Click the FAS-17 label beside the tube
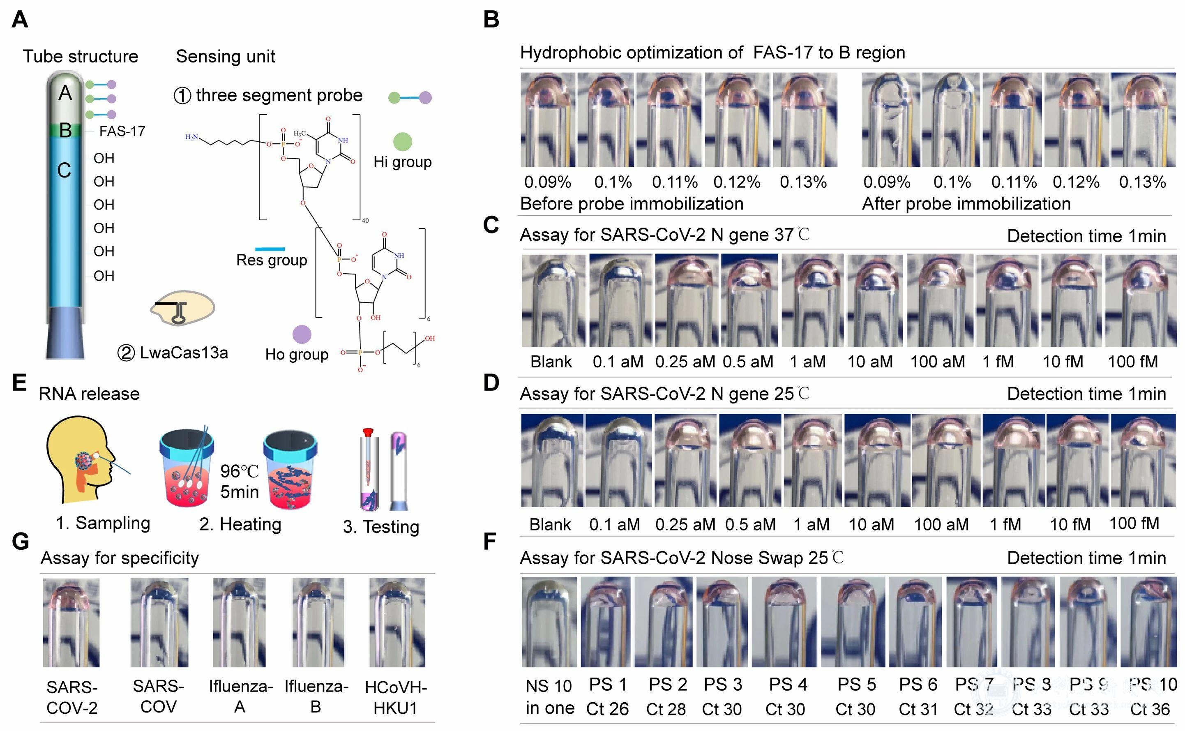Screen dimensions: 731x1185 (x=122, y=131)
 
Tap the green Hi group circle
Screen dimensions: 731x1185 (x=402, y=142)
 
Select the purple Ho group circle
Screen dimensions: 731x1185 (x=302, y=334)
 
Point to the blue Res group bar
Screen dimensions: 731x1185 (x=269, y=249)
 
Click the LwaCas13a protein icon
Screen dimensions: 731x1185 (x=182, y=308)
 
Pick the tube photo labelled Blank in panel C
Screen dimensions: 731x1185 (x=553, y=300)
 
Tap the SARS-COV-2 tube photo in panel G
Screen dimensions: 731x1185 (x=71, y=622)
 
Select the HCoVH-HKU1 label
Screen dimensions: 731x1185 (x=396, y=697)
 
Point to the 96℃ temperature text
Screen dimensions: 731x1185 (x=239, y=471)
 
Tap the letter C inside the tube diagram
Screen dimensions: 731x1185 (x=64, y=170)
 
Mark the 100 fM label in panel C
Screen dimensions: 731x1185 (x=1133, y=361)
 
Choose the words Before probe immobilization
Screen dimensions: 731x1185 (x=632, y=203)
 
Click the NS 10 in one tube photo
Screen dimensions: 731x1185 (x=549, y=622)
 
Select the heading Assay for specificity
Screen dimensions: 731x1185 (x=120, y=558)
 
